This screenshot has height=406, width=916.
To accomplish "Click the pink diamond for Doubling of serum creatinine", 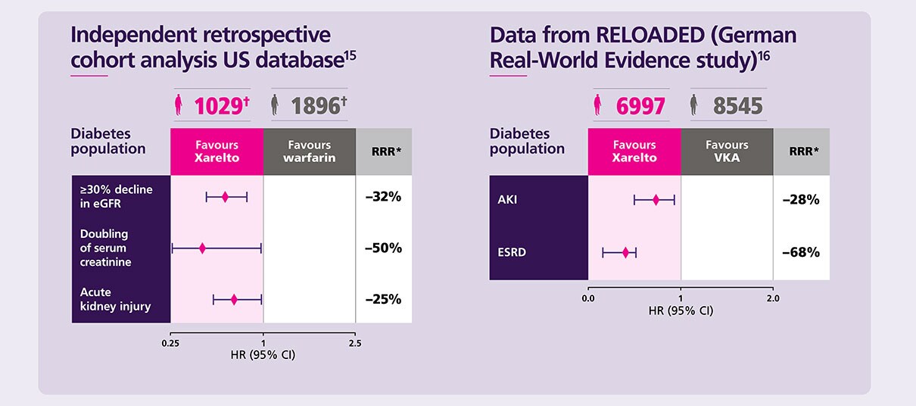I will [202, 248].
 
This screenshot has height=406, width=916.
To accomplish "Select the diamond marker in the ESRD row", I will [625, 252].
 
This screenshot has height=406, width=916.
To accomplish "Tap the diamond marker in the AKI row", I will [656, 200].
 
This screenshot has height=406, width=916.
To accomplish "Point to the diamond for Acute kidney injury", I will [234, 299].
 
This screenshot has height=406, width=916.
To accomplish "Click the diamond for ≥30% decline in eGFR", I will [225, 197].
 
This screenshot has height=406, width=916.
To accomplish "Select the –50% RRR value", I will [383, 248].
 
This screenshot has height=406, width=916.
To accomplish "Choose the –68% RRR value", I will [801, 252].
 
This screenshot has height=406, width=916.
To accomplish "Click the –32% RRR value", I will [383, 197].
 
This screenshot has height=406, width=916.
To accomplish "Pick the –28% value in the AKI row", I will [801, 200].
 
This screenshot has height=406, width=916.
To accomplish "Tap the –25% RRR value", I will [383, 299].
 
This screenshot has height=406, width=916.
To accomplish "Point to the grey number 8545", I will [737, 107].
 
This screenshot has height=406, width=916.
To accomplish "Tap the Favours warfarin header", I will [309, 151].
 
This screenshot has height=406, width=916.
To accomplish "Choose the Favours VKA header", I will [727, 151].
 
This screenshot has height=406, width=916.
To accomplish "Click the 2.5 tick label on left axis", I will [355, 344].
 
